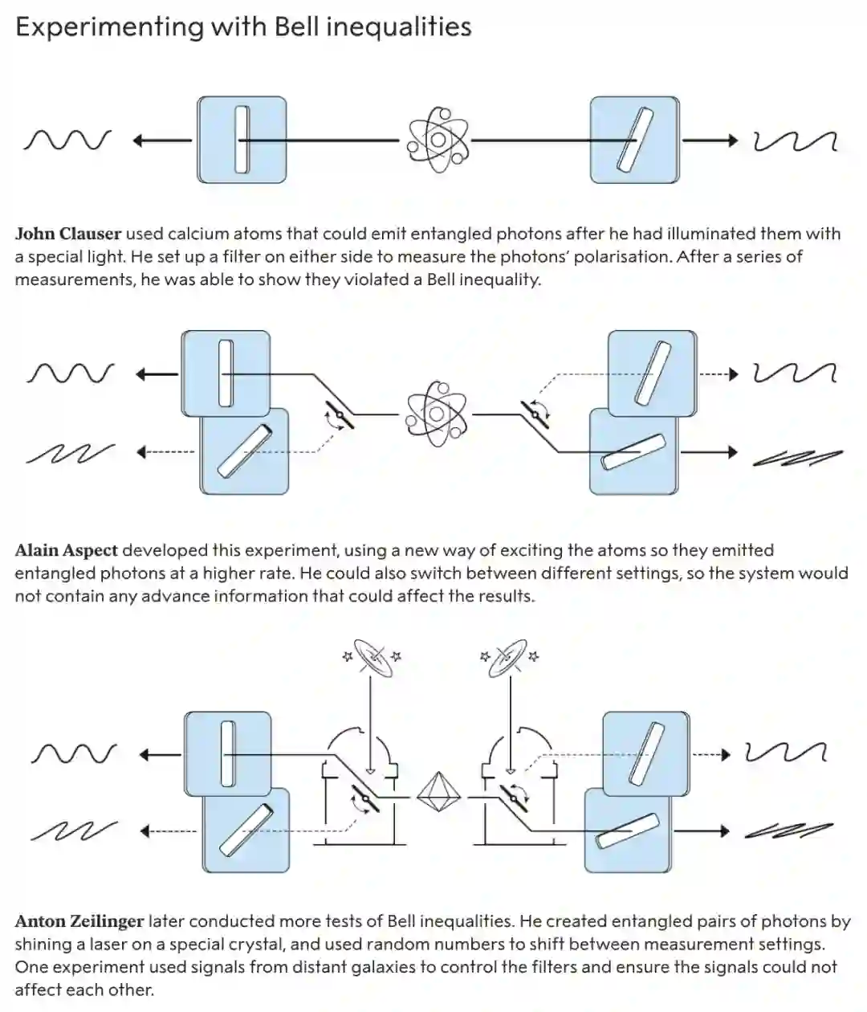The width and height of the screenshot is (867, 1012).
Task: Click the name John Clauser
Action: (x=68, y=234)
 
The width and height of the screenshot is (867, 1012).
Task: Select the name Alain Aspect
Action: (x=67, y=550)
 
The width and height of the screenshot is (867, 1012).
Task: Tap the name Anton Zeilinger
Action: (x=79, y=921)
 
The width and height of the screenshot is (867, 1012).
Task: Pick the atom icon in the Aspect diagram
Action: (x=436, y=414)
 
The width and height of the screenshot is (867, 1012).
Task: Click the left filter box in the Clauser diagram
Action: (x=242, y=140)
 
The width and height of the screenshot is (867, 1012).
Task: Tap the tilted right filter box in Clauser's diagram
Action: (x=634, y=140)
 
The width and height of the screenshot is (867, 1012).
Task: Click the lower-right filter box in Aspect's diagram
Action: (x=633, y=451)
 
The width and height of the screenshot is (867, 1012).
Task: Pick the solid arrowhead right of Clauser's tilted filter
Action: (x=732, y=141)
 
